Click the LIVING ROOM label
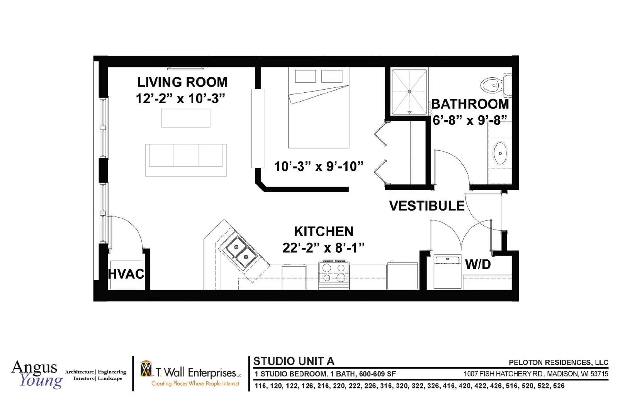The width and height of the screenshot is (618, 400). coord(182,82)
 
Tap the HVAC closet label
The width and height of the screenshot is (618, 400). coord(126,274)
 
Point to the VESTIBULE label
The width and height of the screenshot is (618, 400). coord(427,206)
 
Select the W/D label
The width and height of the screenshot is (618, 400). coord(478,264)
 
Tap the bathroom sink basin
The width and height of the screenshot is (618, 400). coord(500,153)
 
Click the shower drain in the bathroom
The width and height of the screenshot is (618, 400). coord(409,91)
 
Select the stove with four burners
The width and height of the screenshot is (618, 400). coord(334,275)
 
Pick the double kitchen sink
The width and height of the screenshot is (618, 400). coord(241,252)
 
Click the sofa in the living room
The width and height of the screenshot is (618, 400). coord(186,160)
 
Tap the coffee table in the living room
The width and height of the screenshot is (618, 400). coord(186,118)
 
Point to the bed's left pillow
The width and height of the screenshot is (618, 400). coord(306,76)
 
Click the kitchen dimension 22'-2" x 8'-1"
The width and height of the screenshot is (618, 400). coord(323,248)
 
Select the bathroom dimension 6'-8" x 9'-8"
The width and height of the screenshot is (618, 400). coord(470,120)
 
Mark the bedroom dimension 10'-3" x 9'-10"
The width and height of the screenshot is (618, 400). coord(319,167)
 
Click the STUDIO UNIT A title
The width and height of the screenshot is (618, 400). coord(294,361)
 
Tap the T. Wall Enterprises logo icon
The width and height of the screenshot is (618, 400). coord(146,369)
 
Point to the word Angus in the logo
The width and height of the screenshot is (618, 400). coord(34,368)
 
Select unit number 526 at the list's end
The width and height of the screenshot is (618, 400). coord(559,386)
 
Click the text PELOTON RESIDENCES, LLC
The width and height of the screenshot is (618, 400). coord(559,363)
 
